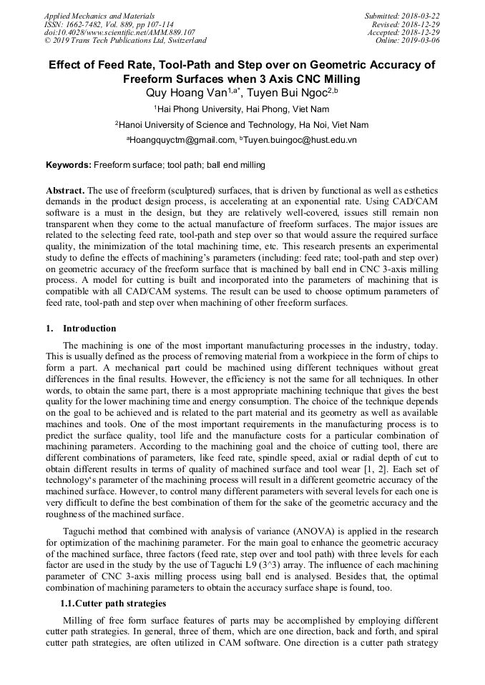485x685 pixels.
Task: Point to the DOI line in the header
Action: (119, 32)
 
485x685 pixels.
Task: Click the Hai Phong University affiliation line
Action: (242, 109)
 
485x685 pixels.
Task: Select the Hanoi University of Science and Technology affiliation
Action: (242, 125)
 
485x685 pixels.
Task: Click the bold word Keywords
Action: (69, 165)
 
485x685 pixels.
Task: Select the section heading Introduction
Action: (89, 329)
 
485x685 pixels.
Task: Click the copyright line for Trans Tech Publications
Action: (125, 41)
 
